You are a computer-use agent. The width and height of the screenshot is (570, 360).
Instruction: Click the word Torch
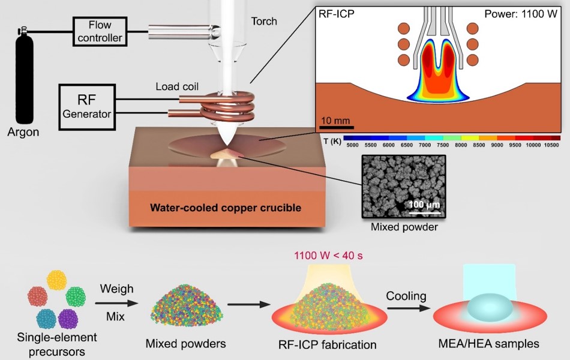click(x=264, y=22)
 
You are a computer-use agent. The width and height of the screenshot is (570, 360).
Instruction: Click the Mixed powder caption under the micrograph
click(x=403, y=227)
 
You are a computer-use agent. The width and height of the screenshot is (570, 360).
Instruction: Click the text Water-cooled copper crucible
click(x=226, y=208)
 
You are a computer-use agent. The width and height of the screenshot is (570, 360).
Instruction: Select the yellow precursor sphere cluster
click(x=57, y=280)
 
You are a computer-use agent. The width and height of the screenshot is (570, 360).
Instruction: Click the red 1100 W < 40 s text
click(x=328, y=256)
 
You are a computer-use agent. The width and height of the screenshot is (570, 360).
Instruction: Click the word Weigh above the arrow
click(x=116, y=289)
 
